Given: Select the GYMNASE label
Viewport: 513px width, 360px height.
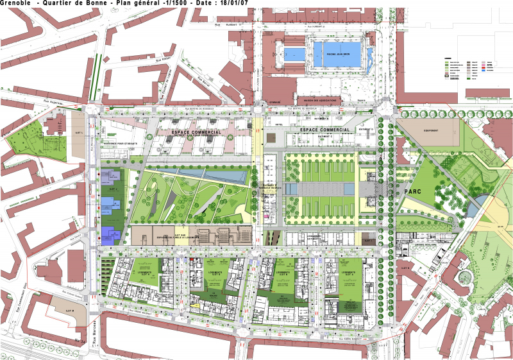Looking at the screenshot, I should pos(274,101).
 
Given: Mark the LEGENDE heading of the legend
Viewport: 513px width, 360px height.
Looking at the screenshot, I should pos(448,57).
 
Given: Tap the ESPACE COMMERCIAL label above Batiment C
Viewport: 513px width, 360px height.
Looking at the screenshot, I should pos(324,130).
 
